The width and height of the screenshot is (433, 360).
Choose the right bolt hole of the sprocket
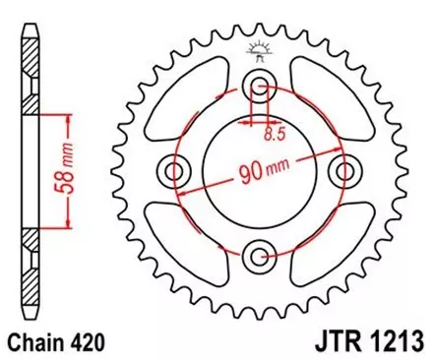(x=344, y=172)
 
